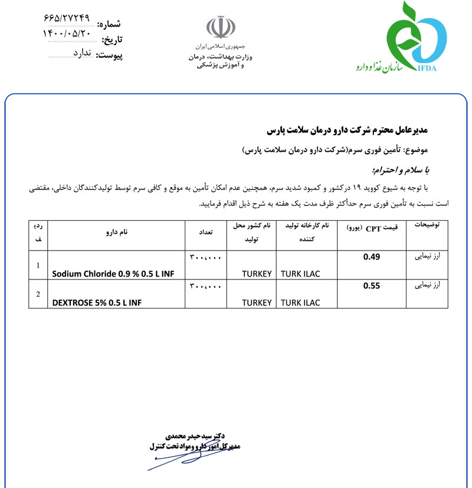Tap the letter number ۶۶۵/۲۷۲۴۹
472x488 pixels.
click(x=67, y=18)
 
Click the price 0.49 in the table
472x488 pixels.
click(x=372, y=256)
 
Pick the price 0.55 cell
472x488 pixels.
click(x=372, y=286)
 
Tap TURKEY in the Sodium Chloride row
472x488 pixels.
click(x=257, y=273)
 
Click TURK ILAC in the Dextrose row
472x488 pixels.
click(x=300, y=302)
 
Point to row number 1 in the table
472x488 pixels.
click(x=38, y=265)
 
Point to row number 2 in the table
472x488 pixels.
click(x=38, y=294)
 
